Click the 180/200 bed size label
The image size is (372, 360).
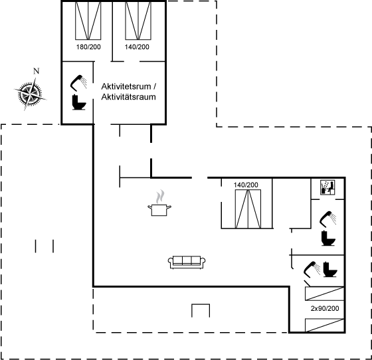88,47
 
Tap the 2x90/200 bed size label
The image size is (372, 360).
325,308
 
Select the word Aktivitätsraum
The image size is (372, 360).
128,97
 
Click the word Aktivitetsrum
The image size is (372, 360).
126,86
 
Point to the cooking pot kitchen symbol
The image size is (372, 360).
159,203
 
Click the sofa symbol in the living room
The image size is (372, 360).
187,262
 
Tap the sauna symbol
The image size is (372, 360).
327,187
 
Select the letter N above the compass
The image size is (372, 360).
36,71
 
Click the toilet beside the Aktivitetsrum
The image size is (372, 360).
79,102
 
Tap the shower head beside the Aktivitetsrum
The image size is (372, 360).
78,83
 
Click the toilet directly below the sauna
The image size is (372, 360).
328,238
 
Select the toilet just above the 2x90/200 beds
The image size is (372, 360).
330,269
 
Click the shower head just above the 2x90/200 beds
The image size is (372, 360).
312,270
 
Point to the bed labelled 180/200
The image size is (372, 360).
88,21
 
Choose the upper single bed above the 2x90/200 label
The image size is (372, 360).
324,294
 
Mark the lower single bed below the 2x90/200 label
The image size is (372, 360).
324,325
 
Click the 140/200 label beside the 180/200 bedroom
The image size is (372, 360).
137,47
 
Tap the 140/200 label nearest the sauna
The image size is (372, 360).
246,185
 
